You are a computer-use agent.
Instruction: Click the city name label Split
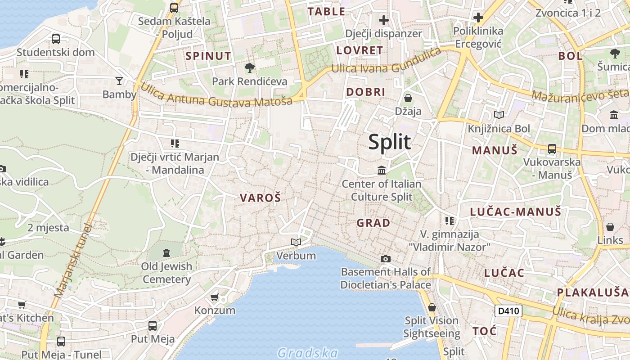click(390, 142)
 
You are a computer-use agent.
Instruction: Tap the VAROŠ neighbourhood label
click(260, 198)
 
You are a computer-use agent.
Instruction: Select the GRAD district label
click(373, 223)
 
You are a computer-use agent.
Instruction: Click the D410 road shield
click(508, 310)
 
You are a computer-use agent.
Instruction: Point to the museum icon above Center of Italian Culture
click(382, 170)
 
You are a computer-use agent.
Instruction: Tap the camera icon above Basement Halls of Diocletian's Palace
click(385, 259)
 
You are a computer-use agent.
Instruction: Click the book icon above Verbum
click(296, 243)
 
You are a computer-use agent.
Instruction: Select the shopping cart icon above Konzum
click(215, 297)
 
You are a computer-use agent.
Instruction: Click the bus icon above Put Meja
click(153, 325)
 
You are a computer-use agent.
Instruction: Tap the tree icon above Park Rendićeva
click(249, 68)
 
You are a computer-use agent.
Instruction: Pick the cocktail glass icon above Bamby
click(119, 81)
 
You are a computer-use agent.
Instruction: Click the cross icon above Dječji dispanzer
click(383, 20)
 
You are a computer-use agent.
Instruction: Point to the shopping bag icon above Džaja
click(408, 98)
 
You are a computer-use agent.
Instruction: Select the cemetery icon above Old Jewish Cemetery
click(166, 253)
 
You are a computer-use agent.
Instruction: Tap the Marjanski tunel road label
click(72, 261)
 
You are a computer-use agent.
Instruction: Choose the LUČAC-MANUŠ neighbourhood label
click(515, 211)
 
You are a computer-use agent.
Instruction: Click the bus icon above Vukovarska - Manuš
click(552, 149)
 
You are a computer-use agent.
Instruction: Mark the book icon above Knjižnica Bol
click(499, 115)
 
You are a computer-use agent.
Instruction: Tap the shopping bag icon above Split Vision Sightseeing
click(432, 307)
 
